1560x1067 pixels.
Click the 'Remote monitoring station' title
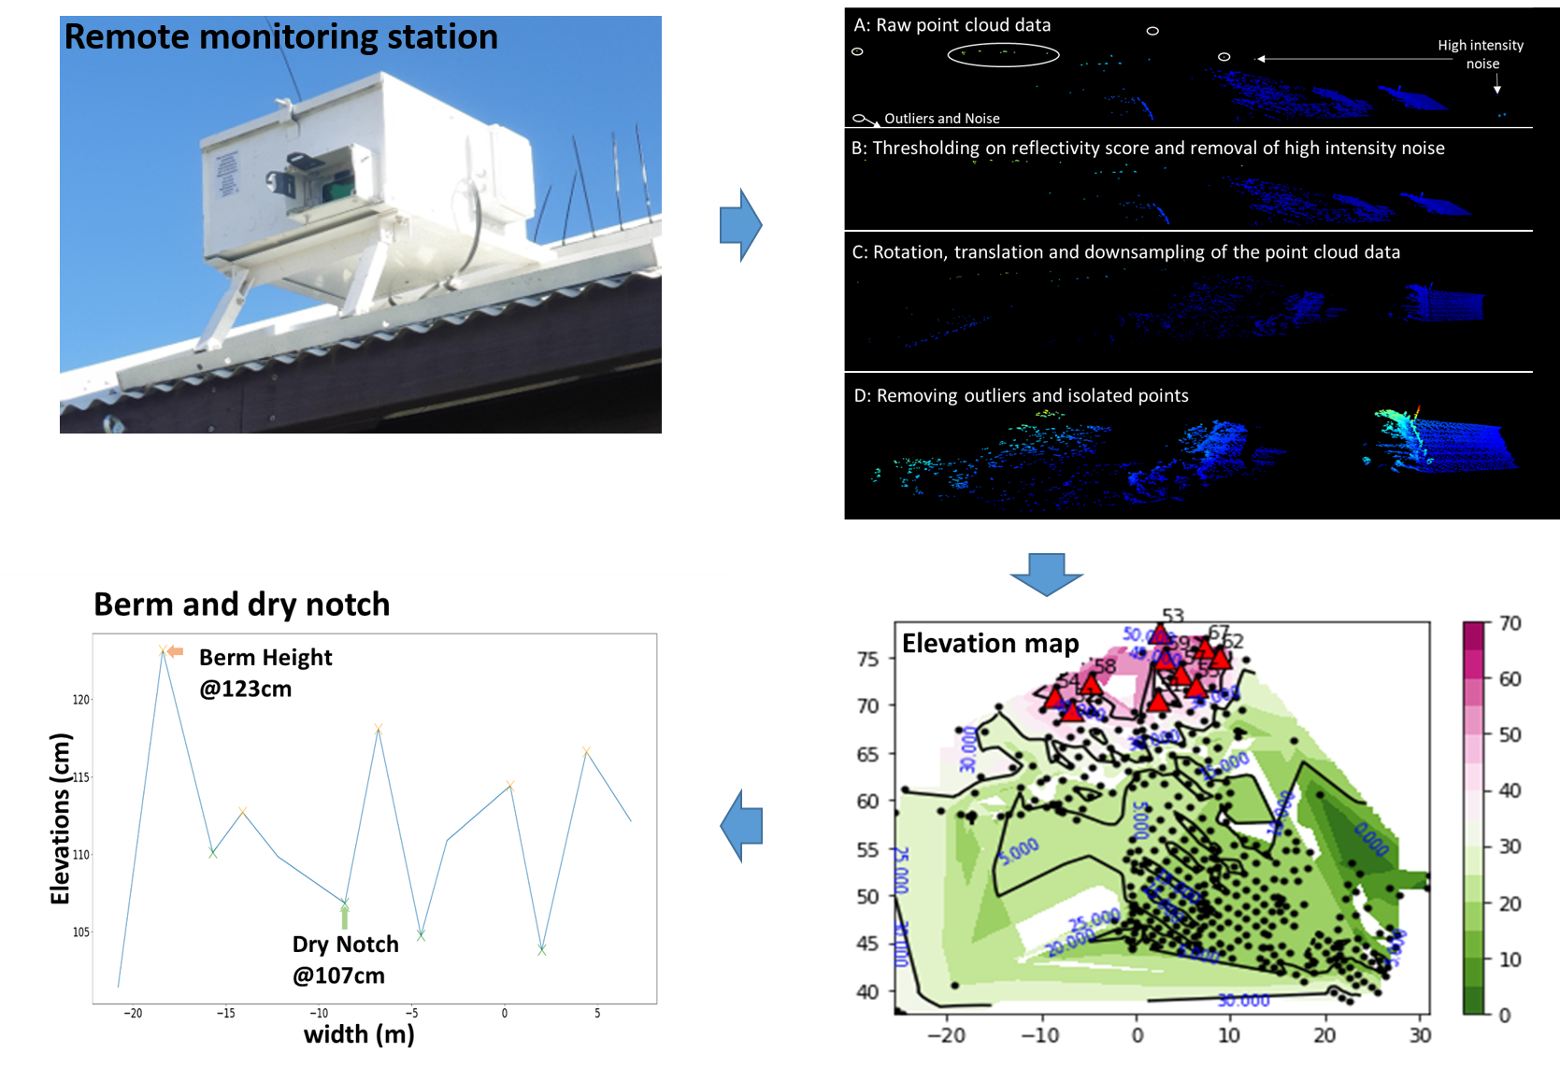coord(280,37)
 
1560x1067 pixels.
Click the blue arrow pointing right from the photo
coord(741,225)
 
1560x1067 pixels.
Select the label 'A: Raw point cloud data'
coord(952,25)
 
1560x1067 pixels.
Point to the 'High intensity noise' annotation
coord(1481,54)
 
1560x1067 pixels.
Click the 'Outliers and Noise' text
coord(941,119)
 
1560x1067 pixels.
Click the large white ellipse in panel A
coord(1003,55)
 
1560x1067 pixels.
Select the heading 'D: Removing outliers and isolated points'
coord(1021,395)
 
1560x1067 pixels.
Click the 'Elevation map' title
coord(990,644)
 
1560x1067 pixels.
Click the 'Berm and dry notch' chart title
coord(241,605)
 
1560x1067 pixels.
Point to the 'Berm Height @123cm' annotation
coord(265,673)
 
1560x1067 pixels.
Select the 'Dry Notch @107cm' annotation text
coord(345,960)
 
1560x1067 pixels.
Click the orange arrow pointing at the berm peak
coord(175,651)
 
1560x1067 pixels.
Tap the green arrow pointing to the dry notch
coord(345,917)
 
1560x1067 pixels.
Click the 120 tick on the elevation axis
coord(81,699)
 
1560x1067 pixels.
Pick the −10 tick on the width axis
coord(319,1013)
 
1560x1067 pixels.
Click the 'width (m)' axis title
coord(359,1034)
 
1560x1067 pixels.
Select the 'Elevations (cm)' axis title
coord(61,818)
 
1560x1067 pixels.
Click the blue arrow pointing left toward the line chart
coord(742,825)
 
